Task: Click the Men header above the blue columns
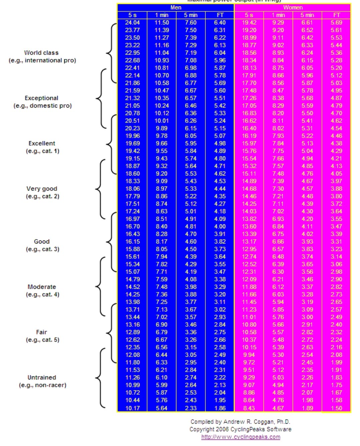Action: click(x=176, y=7)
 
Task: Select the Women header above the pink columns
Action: click(x=293, y=7)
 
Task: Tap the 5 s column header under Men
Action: click(x=132, y=15)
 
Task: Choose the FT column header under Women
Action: click(x=336, y=15)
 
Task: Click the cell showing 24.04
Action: click(x=132, y=23)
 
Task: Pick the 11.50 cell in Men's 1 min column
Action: click(x=162, y=23)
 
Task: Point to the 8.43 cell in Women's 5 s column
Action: click(x=249, y=408)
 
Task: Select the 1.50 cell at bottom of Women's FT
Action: click(x=336, y=408)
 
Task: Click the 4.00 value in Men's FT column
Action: click(x=220, y=226)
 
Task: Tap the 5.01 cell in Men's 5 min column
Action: click(x=191, y=211)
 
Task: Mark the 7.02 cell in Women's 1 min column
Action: click(x=278, y=211)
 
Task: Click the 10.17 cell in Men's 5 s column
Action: click(x=132, y=408)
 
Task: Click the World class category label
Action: click(x=41, y=53)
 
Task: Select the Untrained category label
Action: click(x=42, y=377)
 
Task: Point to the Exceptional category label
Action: click(x=42, y=98)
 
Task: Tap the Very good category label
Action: click(x=42, y=189)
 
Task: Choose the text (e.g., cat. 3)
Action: click(x=43, y=249)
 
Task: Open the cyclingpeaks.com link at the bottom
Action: click(x=241, y=437)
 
